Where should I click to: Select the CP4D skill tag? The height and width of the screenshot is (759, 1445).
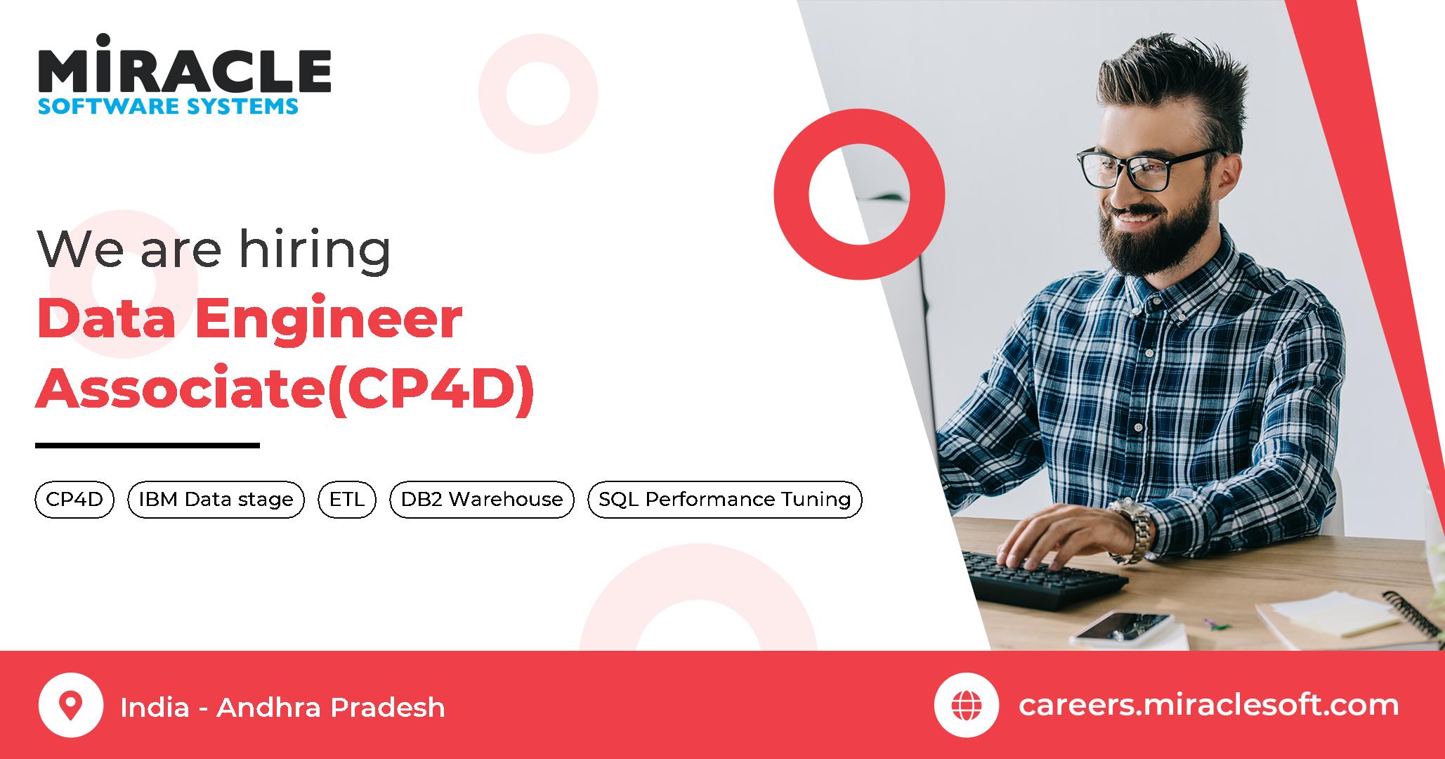click(x=74, y=499)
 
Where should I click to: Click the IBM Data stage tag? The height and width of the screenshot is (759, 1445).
click(x=216, y=499)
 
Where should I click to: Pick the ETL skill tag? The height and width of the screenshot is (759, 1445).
click(x=347, y=499)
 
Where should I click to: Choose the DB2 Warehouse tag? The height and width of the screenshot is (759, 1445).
click(x=482, y=499)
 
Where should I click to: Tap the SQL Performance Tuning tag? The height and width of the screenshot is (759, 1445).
click(x=724, y=499)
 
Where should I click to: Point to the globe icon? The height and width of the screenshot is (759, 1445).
click(x=967, y=706)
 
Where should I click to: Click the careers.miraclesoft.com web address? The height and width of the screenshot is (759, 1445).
click(x=1208, y=705)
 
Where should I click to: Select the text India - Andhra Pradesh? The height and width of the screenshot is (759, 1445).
click(x=282, y=707)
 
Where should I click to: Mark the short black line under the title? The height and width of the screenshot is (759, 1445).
click(x=148, y=445)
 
